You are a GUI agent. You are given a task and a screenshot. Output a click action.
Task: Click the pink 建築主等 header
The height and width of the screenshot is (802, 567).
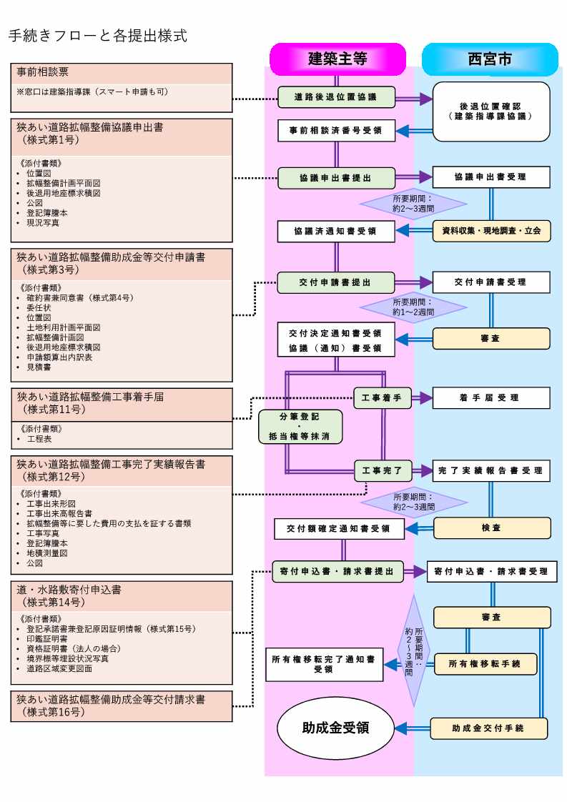337,59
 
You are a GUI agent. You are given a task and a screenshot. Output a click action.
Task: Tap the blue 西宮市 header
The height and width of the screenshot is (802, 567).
490,59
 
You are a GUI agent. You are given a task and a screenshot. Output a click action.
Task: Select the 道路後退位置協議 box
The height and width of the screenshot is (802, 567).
336,96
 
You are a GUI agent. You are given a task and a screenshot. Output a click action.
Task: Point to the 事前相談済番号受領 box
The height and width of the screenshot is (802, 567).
336,131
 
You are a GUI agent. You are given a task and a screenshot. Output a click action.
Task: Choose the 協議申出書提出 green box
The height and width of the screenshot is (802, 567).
336,177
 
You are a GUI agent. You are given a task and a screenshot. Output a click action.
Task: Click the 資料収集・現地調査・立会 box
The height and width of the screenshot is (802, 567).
491,231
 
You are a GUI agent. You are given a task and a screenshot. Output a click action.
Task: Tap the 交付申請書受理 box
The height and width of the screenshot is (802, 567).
491,282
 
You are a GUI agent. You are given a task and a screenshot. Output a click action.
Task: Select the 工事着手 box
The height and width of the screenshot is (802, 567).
383,398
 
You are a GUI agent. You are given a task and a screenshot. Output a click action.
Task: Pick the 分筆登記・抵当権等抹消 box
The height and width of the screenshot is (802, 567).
300,427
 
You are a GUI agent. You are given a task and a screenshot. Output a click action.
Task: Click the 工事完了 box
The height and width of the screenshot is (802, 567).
383,470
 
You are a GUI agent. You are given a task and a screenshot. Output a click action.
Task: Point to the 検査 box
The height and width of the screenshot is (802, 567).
491,528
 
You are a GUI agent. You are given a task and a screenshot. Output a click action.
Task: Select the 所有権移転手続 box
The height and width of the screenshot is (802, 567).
484,664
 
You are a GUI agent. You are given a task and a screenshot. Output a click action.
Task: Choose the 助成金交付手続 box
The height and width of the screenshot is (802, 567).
488,728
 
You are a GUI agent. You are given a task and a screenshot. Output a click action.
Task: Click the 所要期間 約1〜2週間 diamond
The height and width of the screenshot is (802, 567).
413,307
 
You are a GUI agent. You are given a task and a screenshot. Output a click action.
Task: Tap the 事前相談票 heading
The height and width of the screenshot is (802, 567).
43,72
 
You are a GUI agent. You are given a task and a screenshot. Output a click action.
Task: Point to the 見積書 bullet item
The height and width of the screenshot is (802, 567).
39,367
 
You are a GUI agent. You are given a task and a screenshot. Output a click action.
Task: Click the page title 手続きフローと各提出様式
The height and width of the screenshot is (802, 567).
98,34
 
